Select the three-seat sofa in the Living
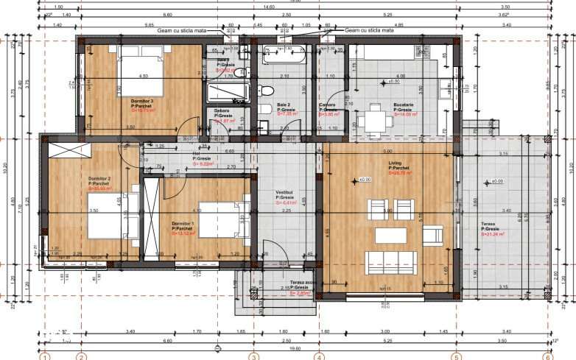(x=391, y=262)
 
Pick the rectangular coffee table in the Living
(x=390, y=236)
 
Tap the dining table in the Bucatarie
(x=375, y=118)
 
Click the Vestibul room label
(x=286, y=194)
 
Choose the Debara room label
(x=222, y=111)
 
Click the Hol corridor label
(x=197, y=154)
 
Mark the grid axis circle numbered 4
(x=319, y=357)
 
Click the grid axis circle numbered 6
(x=547, y=357)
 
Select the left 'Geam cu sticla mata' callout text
(x=178, y=31)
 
